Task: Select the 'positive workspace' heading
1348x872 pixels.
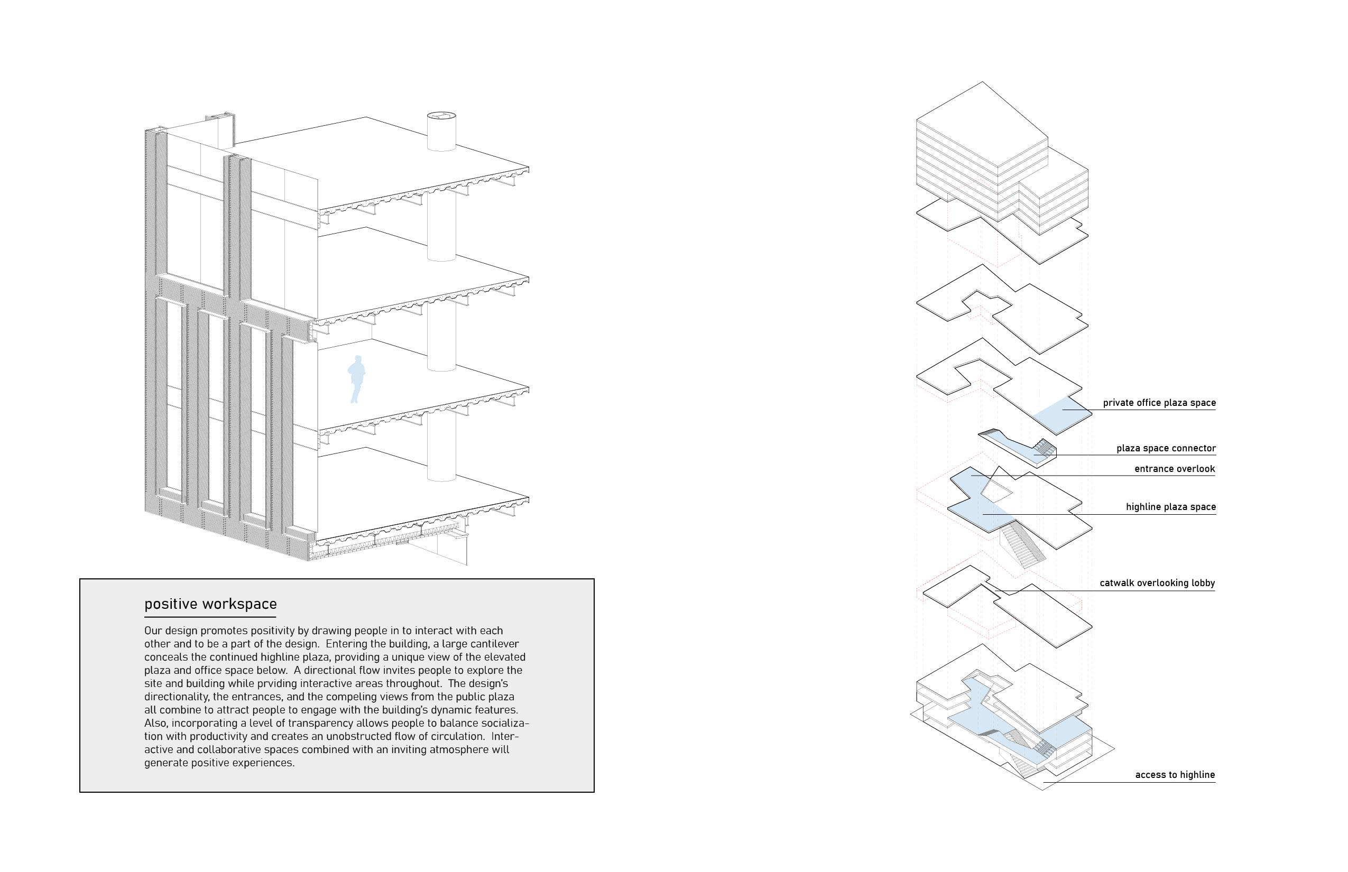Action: (x=210, y=604)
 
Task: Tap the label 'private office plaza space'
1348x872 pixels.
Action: (x=1159, y=403)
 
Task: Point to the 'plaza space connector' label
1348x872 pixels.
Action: (x=1166, y=448)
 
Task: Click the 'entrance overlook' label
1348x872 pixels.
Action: (x=1174, y=469)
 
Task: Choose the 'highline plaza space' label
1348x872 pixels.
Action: (x=1170, y=507)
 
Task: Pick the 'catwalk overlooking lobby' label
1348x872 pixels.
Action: (x=1157, y=582)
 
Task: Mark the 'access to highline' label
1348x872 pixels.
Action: (x=1175, y=775)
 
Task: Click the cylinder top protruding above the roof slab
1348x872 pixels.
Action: (x=441, y=117)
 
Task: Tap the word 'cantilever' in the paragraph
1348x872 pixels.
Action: (x=493, y=644)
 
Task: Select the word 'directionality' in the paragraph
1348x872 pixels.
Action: (x=176, y=697)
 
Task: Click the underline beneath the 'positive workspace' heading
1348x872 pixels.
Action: (x=210, y=617)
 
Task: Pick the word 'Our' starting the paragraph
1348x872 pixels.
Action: (x=153, y=631)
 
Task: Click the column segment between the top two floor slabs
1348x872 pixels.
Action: (x=441, y=227)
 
